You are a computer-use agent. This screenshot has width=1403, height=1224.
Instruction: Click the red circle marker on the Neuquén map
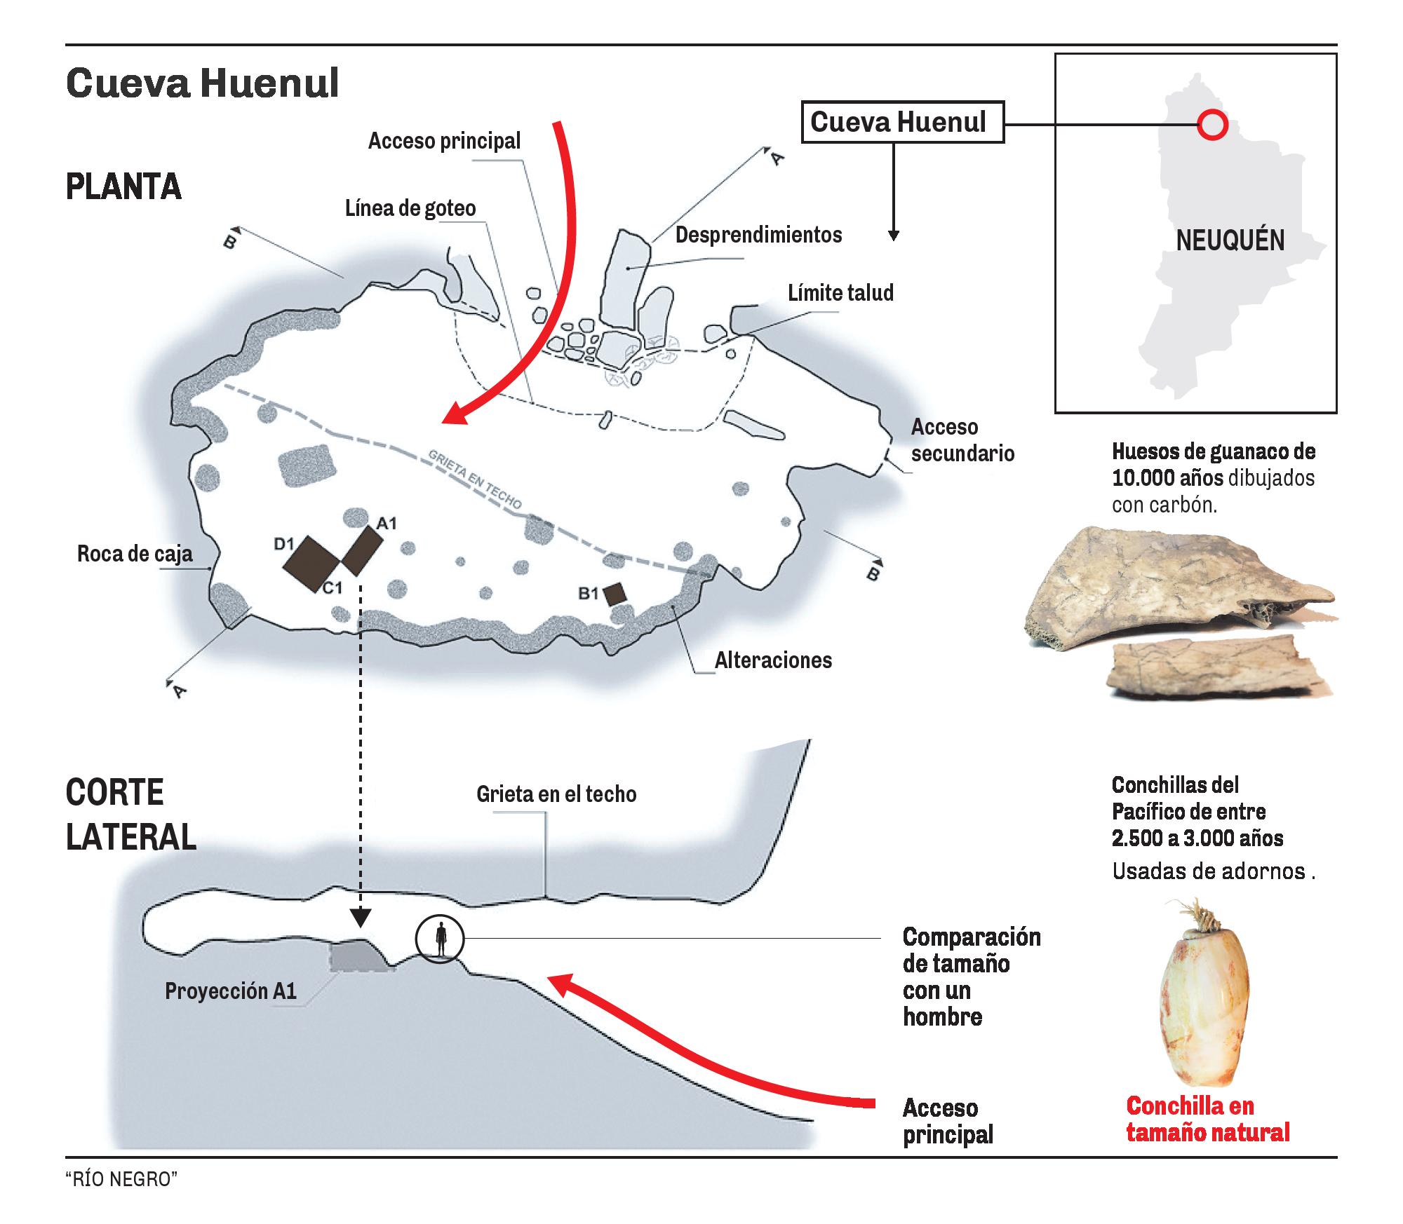click(x=1211, y=125)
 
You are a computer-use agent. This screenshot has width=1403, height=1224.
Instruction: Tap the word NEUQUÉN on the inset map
click(x=1230, y=240)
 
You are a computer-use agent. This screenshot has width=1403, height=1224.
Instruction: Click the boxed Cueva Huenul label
click(x=902, y=123)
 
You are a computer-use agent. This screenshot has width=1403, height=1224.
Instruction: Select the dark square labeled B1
click(x=616, y=594)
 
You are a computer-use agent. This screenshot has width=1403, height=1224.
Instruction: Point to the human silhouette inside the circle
click(x=441, y=939)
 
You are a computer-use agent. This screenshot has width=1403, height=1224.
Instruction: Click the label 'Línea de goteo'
click(x=410, y=208)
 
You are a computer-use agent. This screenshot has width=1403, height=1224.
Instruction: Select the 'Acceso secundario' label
click(x=962, y=440)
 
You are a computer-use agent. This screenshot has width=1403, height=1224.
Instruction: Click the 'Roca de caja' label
click(x=135, y=555)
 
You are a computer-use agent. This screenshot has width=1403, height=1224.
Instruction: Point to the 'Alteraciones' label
click(x=773, y=660)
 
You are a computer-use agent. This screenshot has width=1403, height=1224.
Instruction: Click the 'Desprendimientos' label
click(x=758, y=235)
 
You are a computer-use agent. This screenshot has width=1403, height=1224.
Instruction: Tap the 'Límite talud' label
click(x=840, y=292)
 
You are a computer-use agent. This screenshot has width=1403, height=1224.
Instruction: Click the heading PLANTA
click(x=123, y=187)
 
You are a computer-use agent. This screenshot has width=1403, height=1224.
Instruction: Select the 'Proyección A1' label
click(x=231, y=991)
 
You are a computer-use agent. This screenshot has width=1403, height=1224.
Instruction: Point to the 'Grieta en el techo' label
click(x=556, y=794)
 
